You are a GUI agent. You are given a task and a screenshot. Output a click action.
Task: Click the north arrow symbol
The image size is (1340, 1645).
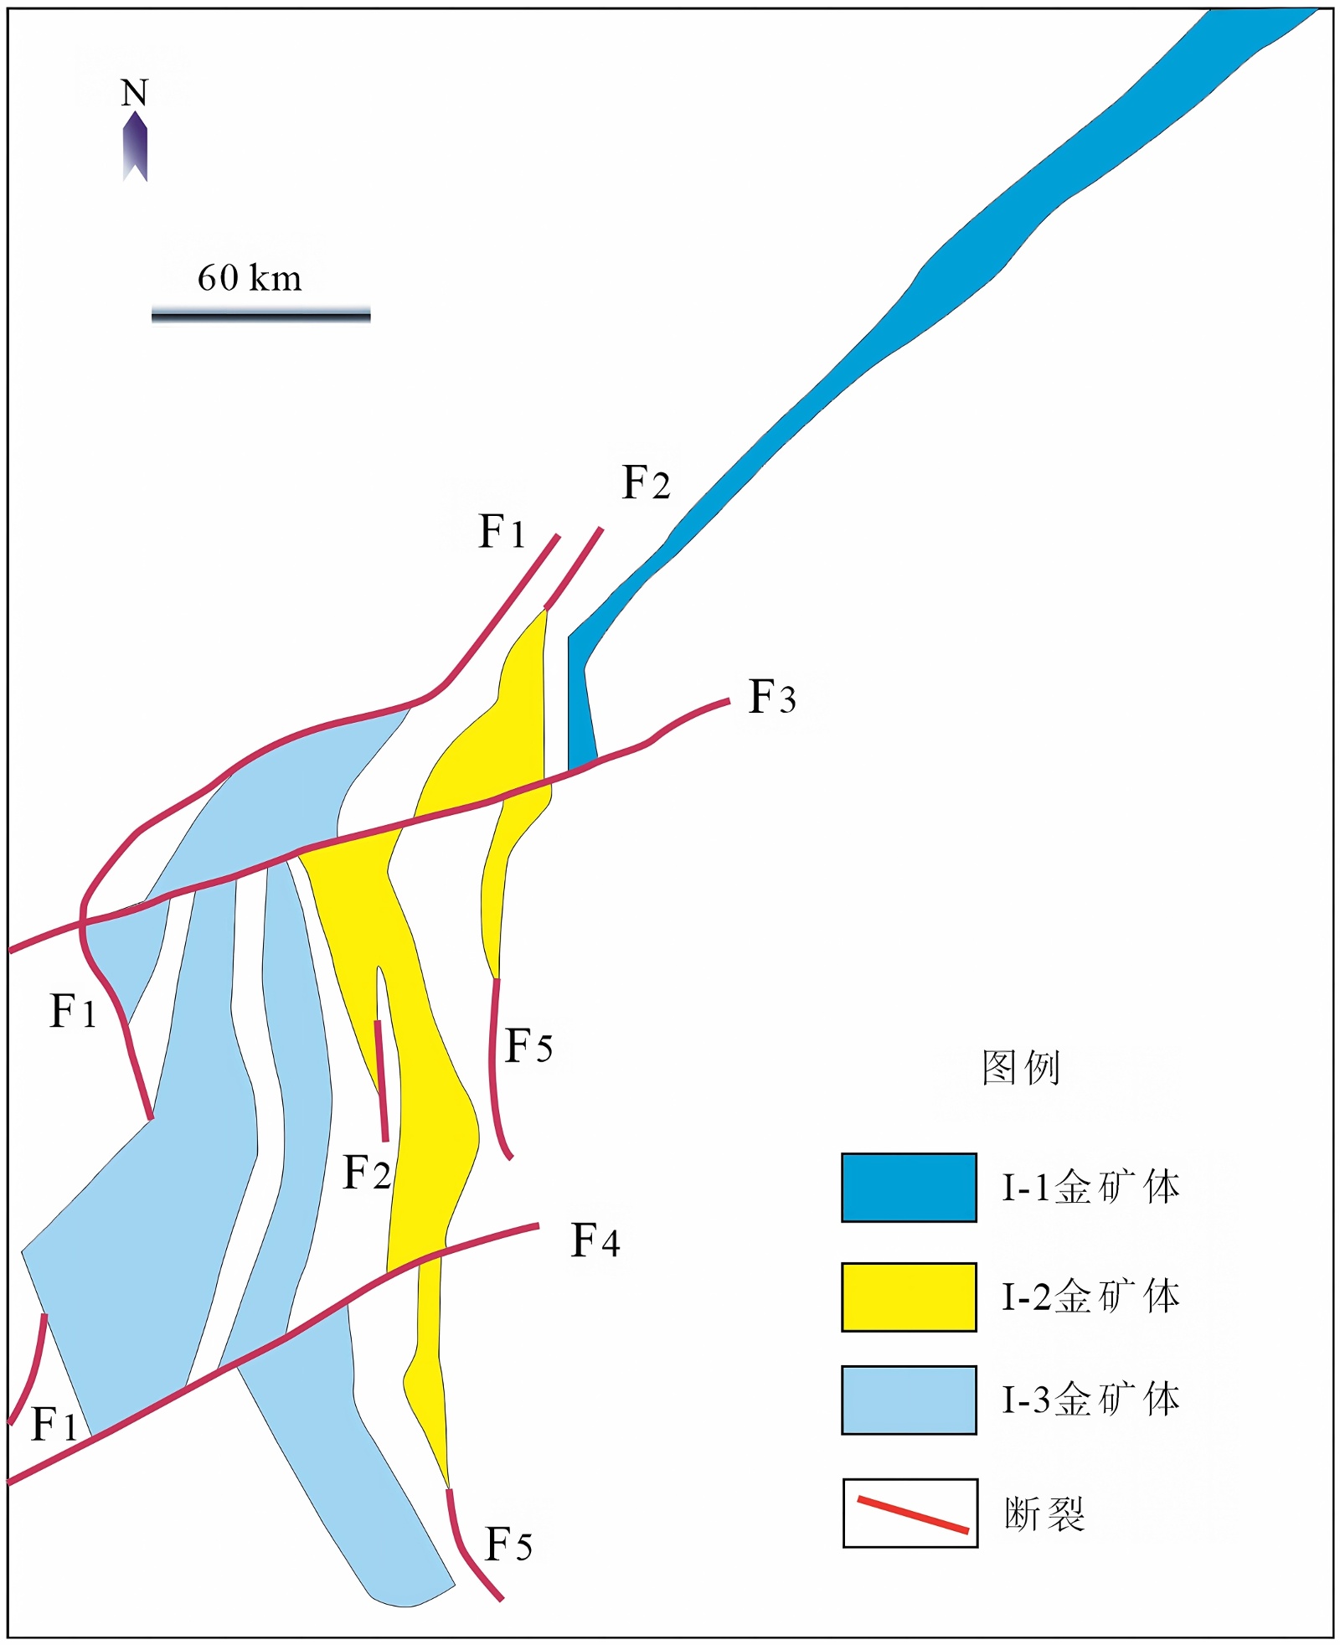click(135, 146)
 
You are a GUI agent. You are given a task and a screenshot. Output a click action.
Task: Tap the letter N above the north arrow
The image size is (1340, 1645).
click(134, 92)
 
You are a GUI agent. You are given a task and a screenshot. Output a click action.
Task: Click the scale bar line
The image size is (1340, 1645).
click(260, 316)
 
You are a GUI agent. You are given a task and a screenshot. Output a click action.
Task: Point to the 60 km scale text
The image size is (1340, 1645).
click(250, 278)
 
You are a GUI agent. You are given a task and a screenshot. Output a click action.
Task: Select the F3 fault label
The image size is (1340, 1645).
click(771, 697)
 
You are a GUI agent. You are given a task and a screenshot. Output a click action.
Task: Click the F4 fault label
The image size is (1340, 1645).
click(595, 1240)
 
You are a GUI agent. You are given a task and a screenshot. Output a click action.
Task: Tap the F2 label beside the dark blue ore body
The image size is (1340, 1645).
click(646, 483)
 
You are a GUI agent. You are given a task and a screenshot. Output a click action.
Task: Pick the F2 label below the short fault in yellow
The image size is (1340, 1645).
click(367, 1172)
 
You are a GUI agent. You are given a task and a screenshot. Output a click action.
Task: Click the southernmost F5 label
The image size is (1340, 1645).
click(508, 1544)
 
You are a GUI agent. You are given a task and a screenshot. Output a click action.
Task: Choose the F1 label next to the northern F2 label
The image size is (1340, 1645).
click(502, 532)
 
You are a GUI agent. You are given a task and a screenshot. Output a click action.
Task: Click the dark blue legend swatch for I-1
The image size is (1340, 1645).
click(909, 1187)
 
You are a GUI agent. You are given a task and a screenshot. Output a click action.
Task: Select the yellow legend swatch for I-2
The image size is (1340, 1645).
click(909, 1297)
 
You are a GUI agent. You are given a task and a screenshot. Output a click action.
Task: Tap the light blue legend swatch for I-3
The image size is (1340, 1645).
click(909, 1400)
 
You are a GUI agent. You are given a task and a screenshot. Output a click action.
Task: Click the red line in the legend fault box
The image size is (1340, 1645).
click(912, 1514)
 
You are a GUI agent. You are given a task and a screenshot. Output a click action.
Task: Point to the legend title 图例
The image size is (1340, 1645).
click(1020, 1068)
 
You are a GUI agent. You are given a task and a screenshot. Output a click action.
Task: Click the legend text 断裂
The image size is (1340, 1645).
click(1044, 1514)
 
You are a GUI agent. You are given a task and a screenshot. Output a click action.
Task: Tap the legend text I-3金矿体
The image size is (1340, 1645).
click(1090, 1400)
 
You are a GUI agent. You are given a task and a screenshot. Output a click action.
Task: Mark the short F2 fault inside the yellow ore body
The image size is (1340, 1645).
click(381, 1080)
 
